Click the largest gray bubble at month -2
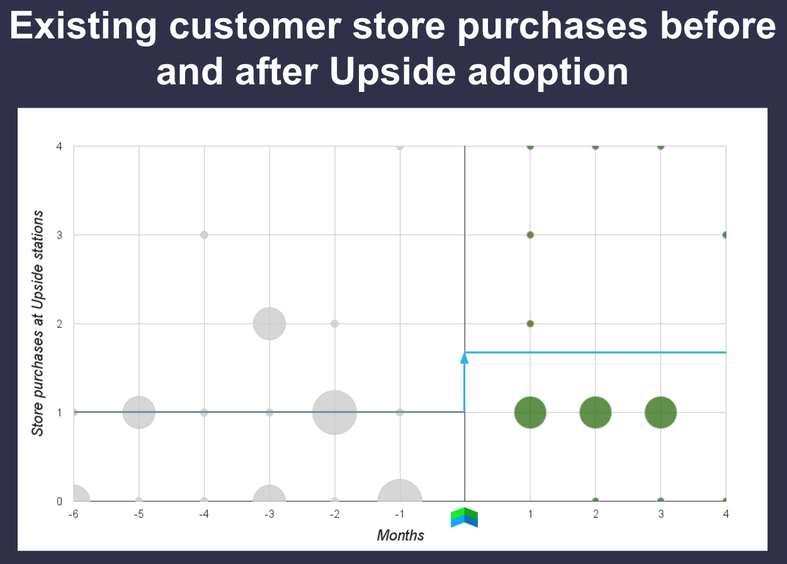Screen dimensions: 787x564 tap(334, 412)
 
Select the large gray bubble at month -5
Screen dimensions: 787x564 tap(139, 412)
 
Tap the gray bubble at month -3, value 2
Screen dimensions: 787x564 tap(269, 324)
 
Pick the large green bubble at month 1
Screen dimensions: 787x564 tap(530, 412)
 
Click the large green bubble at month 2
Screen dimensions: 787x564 tap(596, 412)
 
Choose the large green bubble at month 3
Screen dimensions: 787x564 tap(661, 412)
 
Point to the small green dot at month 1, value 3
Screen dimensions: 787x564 tap(530, 235)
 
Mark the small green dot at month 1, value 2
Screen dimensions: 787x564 tap(530, 324)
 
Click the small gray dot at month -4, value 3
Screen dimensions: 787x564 tap(204, 235)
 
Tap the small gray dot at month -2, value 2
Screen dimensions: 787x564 tap(334, 324)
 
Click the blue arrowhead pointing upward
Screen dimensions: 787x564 tap(465, 358)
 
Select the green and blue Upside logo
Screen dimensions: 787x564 tap(465, 517)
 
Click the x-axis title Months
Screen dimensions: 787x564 tap(400, 536)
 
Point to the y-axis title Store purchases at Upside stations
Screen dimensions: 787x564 tap(38, 323)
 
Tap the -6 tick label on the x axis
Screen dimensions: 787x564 tap(74, 514)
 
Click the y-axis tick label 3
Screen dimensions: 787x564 tap(59, 235)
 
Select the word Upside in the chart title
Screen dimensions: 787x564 tap(392, 72)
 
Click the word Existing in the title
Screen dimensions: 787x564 tap(83, 26)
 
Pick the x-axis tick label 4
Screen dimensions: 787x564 tap(726, 514)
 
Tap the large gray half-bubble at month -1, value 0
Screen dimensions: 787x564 tap(400, 490)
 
